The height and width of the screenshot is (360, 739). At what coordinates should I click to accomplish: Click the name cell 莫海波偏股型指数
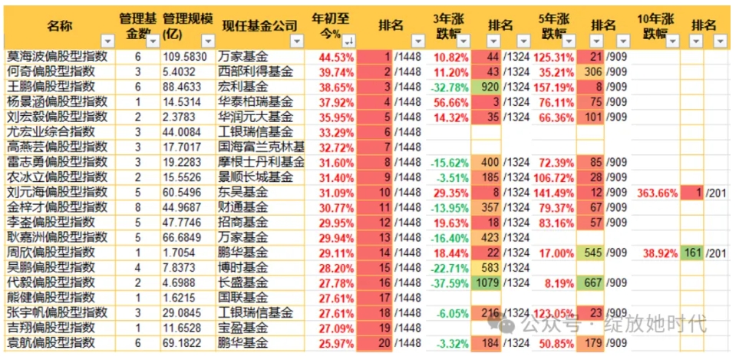pos(58,57)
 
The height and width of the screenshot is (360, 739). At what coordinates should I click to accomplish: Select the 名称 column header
pos(58,26)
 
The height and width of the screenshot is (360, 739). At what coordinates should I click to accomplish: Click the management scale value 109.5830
pos(185,57)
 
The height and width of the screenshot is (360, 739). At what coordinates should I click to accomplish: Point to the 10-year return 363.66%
pos(657,191)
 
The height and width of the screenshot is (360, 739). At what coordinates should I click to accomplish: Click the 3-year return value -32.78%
pos(450,87)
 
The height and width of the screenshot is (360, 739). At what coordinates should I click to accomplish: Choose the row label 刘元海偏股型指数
pos(58,191)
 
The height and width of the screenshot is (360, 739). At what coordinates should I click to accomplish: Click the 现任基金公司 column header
pos(259,26)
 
